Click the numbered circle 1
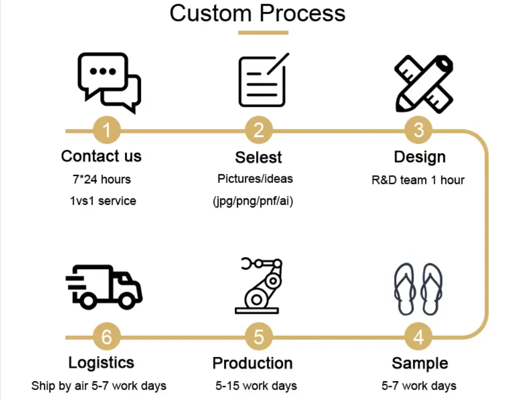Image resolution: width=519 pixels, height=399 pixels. click(107, 130)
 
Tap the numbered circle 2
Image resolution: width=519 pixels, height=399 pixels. click(259, 130)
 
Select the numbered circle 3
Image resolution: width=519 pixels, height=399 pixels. click(419, 130)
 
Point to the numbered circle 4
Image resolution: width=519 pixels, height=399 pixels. click(419, 337)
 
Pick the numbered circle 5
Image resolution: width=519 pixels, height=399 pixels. click(259, 337)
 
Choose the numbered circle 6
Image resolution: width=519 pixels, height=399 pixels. click(107, 337)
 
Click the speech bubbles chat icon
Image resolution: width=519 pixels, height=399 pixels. click(109, 82)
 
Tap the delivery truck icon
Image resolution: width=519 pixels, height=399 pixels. click(104, 286)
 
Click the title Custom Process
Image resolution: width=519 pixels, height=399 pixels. click(258, 13)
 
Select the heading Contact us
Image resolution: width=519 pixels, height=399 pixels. click(101, 156)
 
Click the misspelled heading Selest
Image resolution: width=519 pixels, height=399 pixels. click(258, 157)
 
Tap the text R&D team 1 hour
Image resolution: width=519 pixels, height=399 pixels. click(418, 180)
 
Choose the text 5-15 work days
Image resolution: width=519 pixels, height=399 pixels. click(256, 386)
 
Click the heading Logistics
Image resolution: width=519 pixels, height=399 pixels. click(101, 363)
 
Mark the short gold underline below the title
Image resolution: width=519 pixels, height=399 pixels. click(263, 33)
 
